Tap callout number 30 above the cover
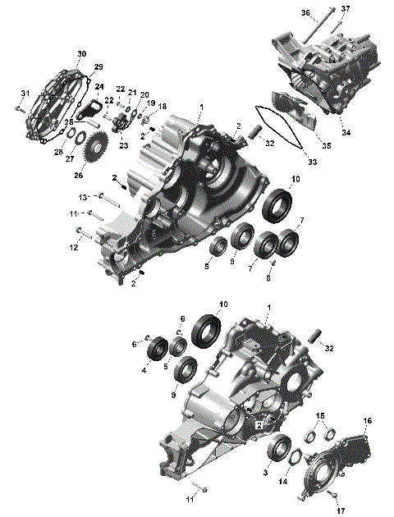(81, 54)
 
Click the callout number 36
(305, 13)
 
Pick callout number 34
(345, 133)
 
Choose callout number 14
(284, 482)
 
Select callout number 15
(321, 416)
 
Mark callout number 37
(346, 8)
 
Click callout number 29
(98, 66)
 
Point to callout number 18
(162, 107)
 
